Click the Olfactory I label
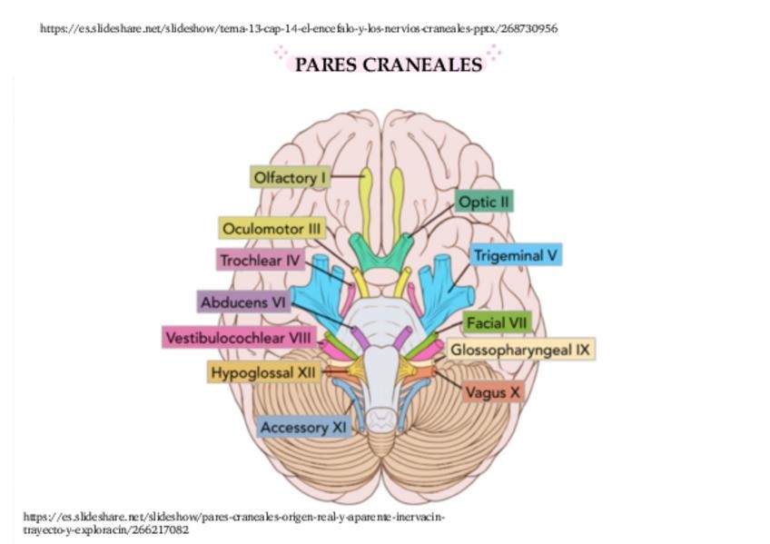pos(289,178)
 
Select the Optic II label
pos(485,202)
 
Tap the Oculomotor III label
pos(272,229)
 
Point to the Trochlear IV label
pos(260,261)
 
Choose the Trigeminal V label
pos(515,255)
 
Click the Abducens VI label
pos(243,302)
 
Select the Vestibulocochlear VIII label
pos(239,338)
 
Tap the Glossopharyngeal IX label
pos(521,349)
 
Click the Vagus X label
pos(493,392)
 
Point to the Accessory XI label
pos(303,427)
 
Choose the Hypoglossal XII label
pos(263,372)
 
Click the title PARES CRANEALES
pos(388,64)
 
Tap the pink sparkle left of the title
pos(281,54)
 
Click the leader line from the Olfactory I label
pos(347,175)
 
